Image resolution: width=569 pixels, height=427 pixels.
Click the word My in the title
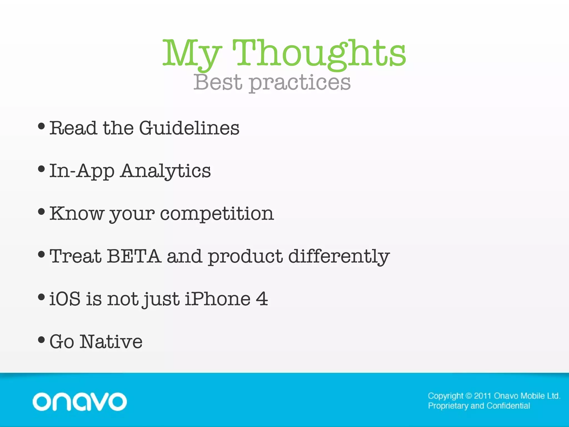[x=192, y=54]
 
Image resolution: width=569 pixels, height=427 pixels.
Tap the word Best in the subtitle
[x=218, y=82]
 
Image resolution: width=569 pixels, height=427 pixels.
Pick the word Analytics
[x=166, y=171]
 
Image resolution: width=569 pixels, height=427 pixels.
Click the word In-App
[x=82, y=171]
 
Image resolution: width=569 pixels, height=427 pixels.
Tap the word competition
[x=217, y=214]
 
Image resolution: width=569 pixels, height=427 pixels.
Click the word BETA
[x=134, y=256]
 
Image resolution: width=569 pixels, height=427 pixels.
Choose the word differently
[x=339, y=257]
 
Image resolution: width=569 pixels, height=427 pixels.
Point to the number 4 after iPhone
[x=262, y=299]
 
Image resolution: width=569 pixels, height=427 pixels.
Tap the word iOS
[x=65, y=299]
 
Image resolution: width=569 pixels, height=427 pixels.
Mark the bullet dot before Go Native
[x=41, y=339]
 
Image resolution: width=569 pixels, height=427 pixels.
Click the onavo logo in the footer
[x=80, y=402]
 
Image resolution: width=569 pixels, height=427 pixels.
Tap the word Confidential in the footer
[x=508, y=406]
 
